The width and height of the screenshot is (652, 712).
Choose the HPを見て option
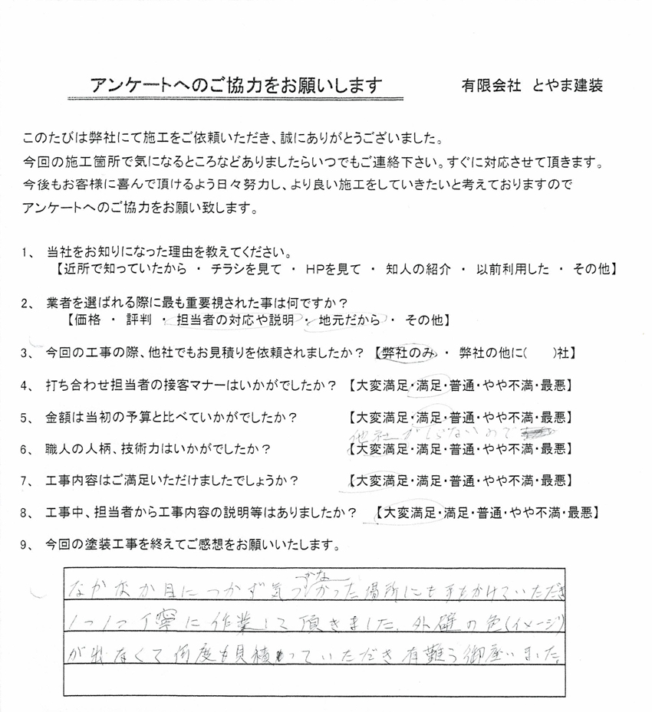pos(317,270)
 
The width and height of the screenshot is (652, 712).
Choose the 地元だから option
pos(354,320)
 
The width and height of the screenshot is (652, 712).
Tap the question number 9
pos(28,546)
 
